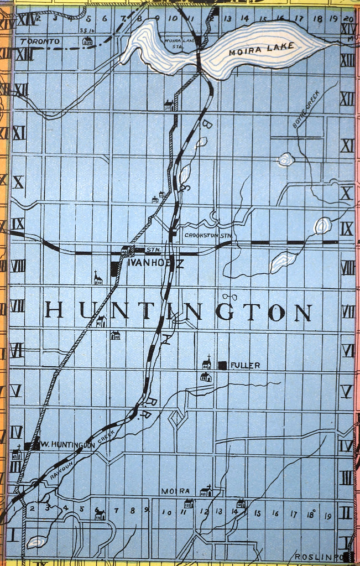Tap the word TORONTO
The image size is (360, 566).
coord(39,41)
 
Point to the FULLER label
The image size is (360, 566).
coord(245,365)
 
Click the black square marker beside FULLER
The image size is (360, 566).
coord(222,365)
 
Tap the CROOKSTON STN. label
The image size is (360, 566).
coord(207,236)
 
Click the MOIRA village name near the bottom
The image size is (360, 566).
coord(176,491)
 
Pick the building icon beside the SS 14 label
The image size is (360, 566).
coord(87,41)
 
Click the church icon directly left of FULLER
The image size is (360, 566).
coord(206,363)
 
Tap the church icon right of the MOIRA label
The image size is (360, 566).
coord(206,491)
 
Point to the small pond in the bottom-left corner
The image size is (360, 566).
coord(36,542)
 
